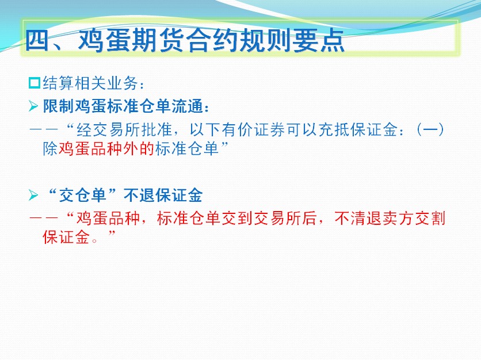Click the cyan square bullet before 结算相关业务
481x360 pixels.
click(35, 83)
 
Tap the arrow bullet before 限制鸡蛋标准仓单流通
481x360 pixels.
click(33, 106)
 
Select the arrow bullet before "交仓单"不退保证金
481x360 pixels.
click(33, 195)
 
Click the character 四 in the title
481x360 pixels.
click(37, 40)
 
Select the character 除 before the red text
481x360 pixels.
click(50, 149)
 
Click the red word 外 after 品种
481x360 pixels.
click(131, 149)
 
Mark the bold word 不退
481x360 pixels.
click(139, 195)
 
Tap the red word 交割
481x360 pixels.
click(430, 219)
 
